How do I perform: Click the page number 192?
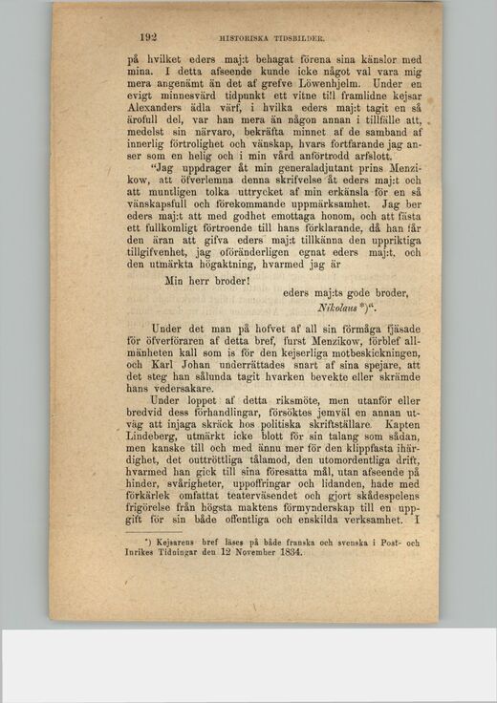(147, 38)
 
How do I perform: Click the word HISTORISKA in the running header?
(245, 39)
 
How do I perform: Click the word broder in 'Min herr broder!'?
(227, 281)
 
